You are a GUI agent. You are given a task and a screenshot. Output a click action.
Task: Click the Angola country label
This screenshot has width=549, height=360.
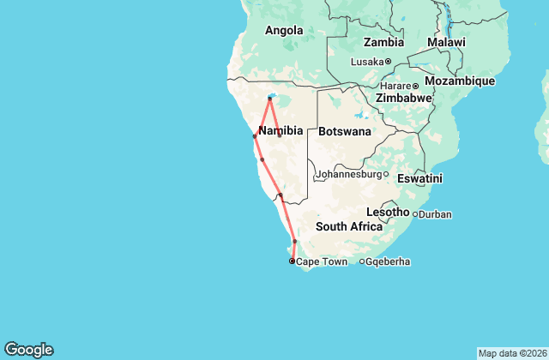(284, 31)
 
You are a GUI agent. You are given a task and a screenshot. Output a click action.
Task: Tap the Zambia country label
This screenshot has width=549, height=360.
(383, 42)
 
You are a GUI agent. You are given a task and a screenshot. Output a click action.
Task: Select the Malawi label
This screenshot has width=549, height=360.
(446, 42)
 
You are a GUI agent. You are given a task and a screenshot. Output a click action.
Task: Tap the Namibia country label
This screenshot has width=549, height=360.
(281, 130)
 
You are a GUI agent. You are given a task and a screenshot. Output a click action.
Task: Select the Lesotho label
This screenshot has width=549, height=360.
(388, 212)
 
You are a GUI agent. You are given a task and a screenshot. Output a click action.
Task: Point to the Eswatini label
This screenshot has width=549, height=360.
(419, 178)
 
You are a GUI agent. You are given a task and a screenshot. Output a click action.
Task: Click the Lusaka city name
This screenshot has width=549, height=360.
(367, 61)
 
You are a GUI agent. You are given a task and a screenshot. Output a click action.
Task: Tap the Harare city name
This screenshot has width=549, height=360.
(395, 86)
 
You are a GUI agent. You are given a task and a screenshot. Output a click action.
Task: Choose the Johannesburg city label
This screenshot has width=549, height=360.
(347, 174)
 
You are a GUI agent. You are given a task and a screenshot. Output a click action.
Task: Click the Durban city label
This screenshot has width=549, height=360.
(435, 213)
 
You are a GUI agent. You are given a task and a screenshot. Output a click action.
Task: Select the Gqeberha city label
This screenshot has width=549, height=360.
(387, 261)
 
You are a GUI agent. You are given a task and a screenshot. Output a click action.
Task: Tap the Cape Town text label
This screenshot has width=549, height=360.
(322, 261)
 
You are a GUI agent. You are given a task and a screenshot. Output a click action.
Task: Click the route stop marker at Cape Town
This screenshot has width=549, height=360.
(292, 261)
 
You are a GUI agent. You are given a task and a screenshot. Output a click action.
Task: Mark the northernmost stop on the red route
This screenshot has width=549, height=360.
(269, 99)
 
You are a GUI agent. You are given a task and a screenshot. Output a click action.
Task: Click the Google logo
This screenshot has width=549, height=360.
(28, 350)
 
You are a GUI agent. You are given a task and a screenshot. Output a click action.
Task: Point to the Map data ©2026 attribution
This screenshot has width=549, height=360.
(511, 353)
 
